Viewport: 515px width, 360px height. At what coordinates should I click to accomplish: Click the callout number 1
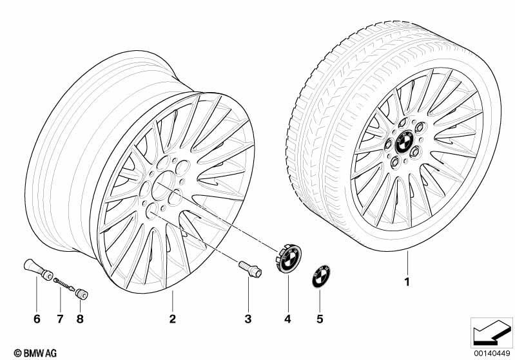(x=407, y=281)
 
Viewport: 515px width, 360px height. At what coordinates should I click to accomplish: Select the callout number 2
(x=173, y=319)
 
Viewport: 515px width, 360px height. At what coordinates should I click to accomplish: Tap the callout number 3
(x=248, y=319)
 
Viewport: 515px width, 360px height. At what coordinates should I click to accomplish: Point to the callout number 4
(x=287, y=319)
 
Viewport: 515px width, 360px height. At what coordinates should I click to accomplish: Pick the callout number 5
(x=320, y=319)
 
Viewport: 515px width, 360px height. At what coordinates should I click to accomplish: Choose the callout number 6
(x=37, y=319)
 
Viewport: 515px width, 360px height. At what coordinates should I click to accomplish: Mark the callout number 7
(x=60, y=319)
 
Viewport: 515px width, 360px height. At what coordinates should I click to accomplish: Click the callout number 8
(x=80, y=319)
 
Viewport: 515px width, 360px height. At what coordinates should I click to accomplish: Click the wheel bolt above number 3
(x=250, y=269)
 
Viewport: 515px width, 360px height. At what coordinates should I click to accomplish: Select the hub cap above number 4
(x=288, y=258)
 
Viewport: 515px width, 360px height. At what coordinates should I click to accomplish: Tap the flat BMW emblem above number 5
(x=321, y=277)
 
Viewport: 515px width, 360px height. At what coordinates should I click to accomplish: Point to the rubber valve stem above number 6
(x=38, y=270)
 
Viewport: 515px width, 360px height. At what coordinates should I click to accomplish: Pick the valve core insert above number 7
(x=64, y=284)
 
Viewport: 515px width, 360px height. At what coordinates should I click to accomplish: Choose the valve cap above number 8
(x=81, y=294)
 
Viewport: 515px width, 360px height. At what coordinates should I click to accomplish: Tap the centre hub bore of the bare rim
(x=163, y=185)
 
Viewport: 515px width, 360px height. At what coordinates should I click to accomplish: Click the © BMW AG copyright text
(x=35, y=353)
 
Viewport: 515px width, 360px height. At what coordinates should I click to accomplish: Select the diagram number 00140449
(x=492, y=354)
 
